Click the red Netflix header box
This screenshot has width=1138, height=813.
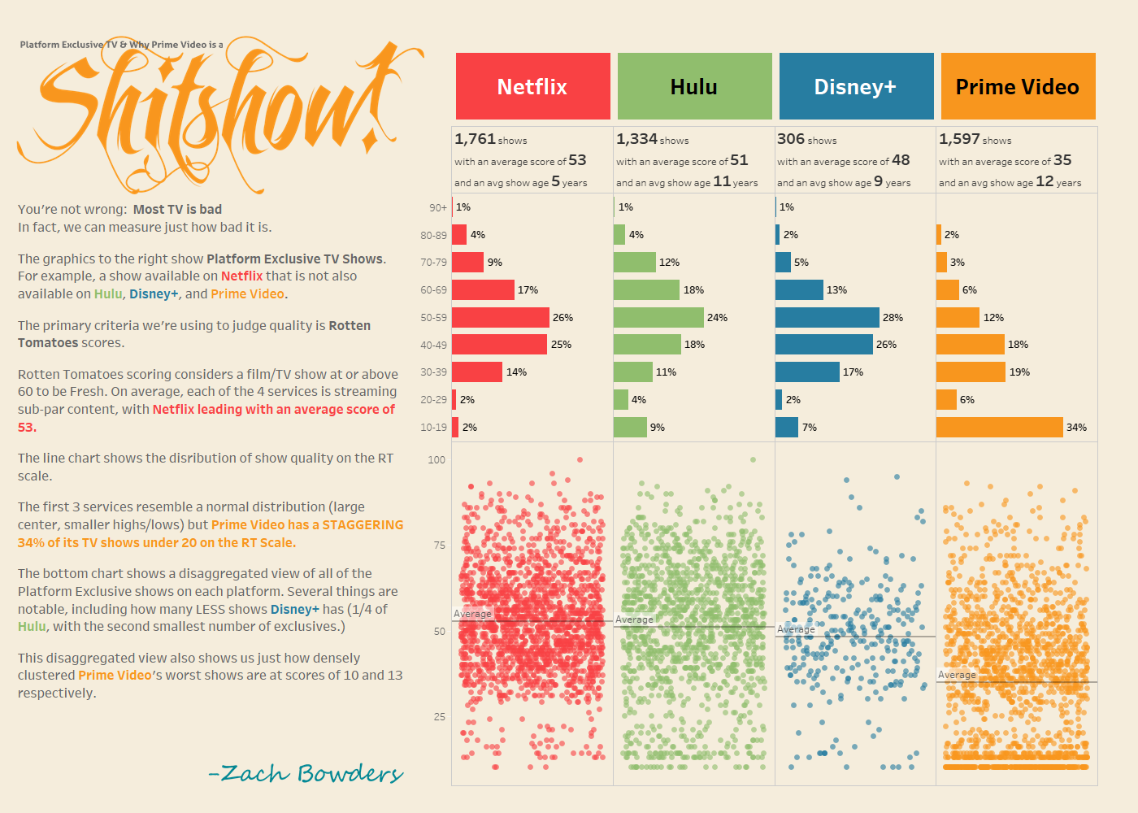tap(532, 86)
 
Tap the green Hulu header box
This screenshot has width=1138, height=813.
tap(694, 86)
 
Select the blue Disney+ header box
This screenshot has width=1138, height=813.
tap(856, 86)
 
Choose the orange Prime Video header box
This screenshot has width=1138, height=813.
tap(1018, 86)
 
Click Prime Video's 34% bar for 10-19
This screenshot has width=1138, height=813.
tap(999, 427)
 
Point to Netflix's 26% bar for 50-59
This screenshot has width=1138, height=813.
tap(500, 317)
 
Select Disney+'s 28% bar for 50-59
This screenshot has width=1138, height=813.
tap(827, 317)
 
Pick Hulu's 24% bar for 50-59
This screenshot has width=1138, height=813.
tap(658, 317)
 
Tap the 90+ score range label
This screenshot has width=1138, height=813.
tap(438, 208)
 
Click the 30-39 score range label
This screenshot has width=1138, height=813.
tap(433, 372)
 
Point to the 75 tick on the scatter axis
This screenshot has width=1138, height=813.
tap(439, 546)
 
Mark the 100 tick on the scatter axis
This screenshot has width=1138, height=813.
tap(437, 460)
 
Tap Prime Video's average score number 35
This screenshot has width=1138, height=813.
tap(1062, 160)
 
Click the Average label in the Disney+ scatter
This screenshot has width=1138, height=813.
tap(796, 629)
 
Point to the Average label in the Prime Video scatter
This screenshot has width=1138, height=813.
tap(957, 675)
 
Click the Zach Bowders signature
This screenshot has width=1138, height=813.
tap(306, 773)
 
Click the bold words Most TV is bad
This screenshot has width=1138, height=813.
tap(177, 210)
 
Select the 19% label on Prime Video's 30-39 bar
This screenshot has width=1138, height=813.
tap(1019, 372)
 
